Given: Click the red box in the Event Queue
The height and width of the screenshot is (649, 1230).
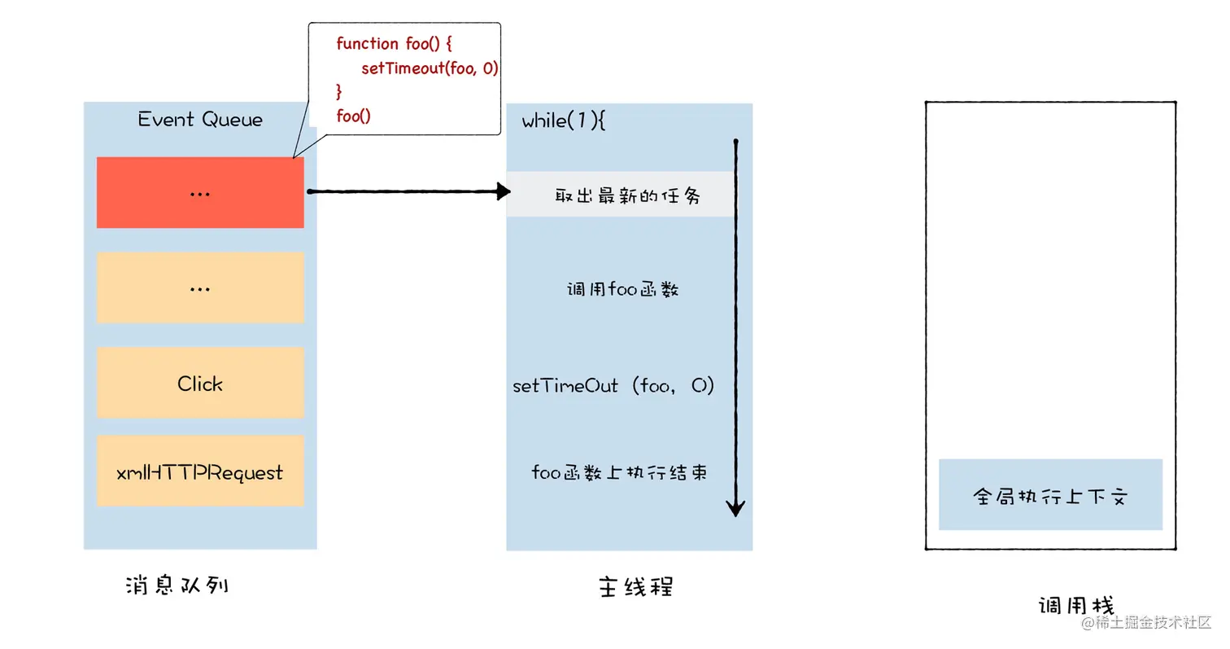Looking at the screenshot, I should (x=200, y=192).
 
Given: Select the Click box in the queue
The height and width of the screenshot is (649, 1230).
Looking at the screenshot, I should (x=200, y=383).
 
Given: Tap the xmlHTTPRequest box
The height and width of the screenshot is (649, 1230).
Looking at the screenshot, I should (x=200, y=471).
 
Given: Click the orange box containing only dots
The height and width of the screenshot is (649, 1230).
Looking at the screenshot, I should (x=200, y=287).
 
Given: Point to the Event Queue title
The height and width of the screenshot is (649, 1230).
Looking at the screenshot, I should (x=200, y=120).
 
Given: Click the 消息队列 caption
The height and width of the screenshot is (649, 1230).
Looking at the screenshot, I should (x=177, y=585).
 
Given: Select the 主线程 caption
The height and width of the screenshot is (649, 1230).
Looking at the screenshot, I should (x=635, y=587).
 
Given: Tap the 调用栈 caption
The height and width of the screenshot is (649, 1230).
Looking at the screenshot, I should (x=1075, y=606).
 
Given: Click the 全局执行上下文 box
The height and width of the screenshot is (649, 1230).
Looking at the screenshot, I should (x=1050, y=495).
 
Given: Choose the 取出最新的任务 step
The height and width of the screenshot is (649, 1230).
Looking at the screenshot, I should (x=627, y=195).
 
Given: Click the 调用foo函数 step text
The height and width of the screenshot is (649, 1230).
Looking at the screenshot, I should (x=622, y=289).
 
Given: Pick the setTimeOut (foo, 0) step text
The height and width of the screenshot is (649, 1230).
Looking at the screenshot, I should (x=613, y=385).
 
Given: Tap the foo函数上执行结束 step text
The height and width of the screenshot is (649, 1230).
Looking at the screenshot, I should (x=619, y=472).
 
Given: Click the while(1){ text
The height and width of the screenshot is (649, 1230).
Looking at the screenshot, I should (x=564, y=121).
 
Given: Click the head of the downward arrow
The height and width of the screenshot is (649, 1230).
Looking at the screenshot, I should (x=735, y=508).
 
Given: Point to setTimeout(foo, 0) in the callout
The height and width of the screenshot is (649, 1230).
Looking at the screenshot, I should (x=429, y=68).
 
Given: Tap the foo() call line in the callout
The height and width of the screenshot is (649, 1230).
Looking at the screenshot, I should (x=353, y=116).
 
